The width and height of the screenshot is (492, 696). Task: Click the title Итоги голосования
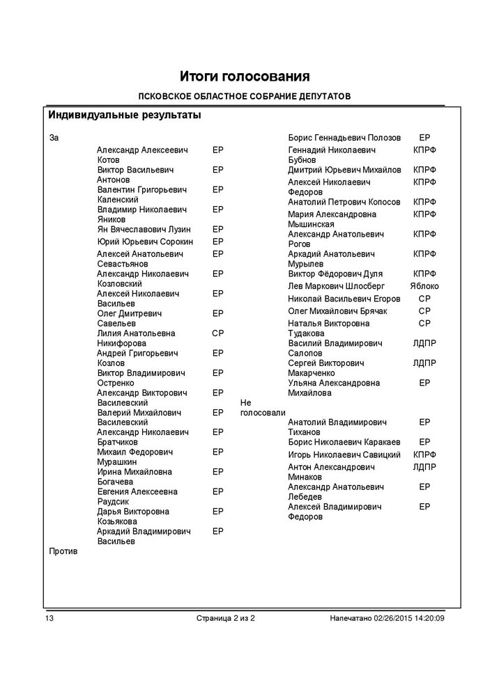(x=245, y=75)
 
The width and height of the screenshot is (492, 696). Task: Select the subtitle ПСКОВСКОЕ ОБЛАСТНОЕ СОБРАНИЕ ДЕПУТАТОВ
(x=245, y=96)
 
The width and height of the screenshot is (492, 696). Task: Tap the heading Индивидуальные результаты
(x=124, y=115)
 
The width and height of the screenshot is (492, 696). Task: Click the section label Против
(x=63, y=551)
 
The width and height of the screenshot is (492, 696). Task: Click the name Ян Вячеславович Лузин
(x=144, y=229)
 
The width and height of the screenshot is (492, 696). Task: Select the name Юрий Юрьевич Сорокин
(x=145, y=242)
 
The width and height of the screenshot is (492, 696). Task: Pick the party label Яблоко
(x=424, y=286)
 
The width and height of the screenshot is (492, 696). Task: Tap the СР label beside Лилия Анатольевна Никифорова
(x=217, y=333)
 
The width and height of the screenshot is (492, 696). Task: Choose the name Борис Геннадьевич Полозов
(x=344, y=138)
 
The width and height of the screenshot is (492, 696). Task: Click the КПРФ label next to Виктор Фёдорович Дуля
(x=424, y=274)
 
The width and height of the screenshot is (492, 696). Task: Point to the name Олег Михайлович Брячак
(x=337, y=311)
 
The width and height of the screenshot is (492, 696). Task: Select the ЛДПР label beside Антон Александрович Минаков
(x=424, y=467)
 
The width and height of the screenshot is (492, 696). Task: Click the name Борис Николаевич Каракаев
(x=344, y=442)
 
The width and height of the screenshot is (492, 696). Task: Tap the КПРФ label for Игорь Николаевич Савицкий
(x=424, y=454)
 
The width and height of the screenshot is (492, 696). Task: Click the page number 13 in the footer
(x=49, y=618)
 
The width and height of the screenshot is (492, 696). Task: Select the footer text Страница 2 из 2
(x=226, y=618)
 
